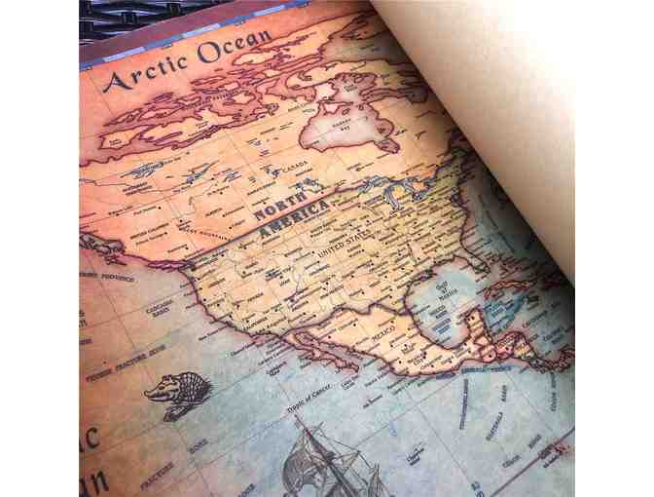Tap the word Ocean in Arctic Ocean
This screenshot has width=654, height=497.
tap(235, 46)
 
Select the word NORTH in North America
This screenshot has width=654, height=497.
tap(279, 206)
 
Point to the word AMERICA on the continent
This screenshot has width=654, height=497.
tap(292, 224)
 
